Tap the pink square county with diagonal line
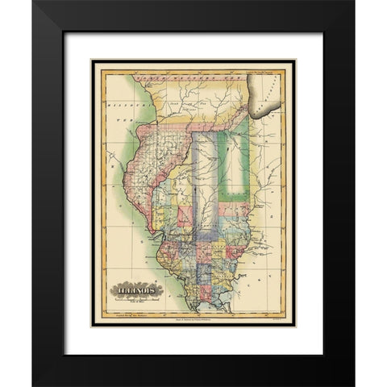click(185, 217)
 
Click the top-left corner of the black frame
click(34, 2)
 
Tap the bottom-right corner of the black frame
click(352, 385)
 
